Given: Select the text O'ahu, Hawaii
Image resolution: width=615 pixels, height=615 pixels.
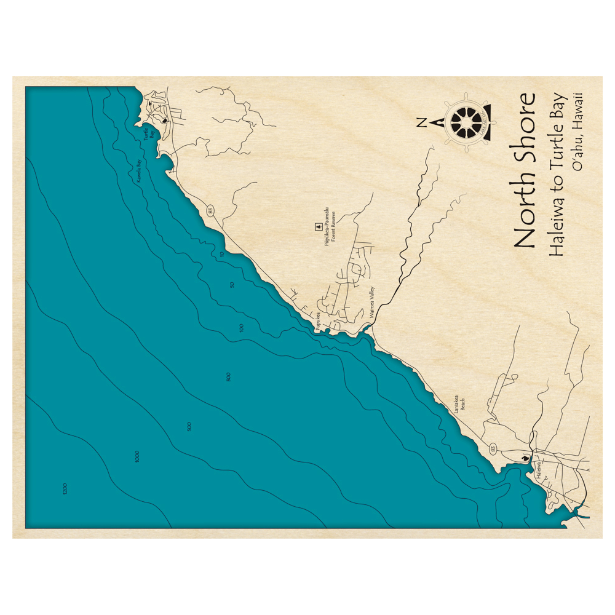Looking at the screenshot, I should (x=577, y=132).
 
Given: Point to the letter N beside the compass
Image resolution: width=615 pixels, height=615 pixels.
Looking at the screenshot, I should (x=421, y=122).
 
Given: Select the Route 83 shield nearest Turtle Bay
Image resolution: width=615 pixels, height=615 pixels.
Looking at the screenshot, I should (x=211, y=211).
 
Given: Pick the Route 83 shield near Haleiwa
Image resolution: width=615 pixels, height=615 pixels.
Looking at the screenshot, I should (x=493, y=450).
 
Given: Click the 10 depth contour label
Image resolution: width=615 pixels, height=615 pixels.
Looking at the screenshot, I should (x=221, y=253).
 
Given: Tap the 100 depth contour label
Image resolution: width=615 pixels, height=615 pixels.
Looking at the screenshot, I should (x=242, y=328).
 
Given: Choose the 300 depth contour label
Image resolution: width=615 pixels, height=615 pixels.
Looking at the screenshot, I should (x=228, y=377).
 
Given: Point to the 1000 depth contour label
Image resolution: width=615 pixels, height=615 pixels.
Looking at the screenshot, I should (x=137, y=456).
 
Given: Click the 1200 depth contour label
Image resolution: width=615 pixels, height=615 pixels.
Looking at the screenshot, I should (x=65, y=489).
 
